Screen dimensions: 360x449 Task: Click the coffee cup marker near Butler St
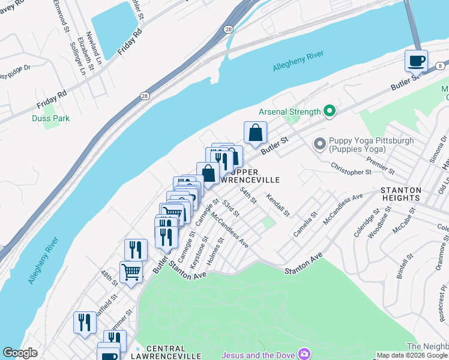(416, 61)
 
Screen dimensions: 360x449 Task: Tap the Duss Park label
(50, 118)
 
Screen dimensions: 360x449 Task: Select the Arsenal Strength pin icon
(329, 111)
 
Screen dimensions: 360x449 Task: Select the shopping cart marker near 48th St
(131, 272)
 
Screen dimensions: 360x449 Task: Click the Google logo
(20, 353)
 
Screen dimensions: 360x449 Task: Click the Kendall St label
(279, 205)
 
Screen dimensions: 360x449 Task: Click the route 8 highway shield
(440, 65)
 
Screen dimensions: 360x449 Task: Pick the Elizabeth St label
(89, 61)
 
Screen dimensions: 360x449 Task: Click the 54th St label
(248, 196)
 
